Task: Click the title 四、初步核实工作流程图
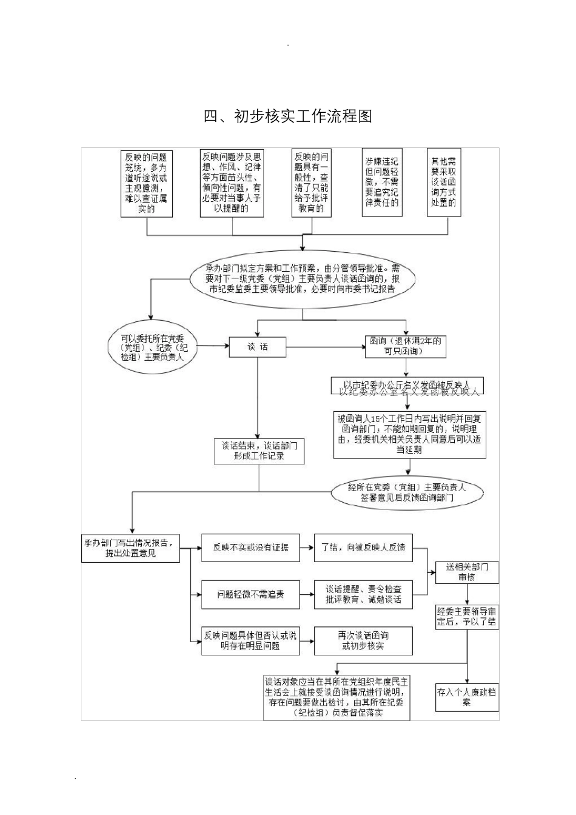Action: pyautogui.click(x=287, y=116)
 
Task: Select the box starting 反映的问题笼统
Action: pyautogui.click(x=147, y=183)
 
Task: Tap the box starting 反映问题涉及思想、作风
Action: pyautogui.click(x=232, y=183)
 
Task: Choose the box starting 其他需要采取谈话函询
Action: pyautogui.click(x=443, y=182)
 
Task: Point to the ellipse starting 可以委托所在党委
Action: pyautogui.click(x=154, y=347)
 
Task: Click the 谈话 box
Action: pyautogui.click(x=257, y=347)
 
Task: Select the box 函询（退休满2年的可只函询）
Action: pyautogui.click(x=404, y=346)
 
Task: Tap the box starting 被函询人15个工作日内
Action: pyautogui.click(x=409, y=434)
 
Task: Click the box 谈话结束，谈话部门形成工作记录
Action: pyautogui.click(x=259, y=451)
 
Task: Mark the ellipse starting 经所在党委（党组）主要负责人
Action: pyautogui.click(x=407, y=492)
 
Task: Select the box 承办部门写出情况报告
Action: pyautogui.click(x=130, y=548)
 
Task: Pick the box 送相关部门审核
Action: pyautogui.click(x=467, y=572)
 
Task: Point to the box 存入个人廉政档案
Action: pyautogui.click(x=467, y=696)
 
